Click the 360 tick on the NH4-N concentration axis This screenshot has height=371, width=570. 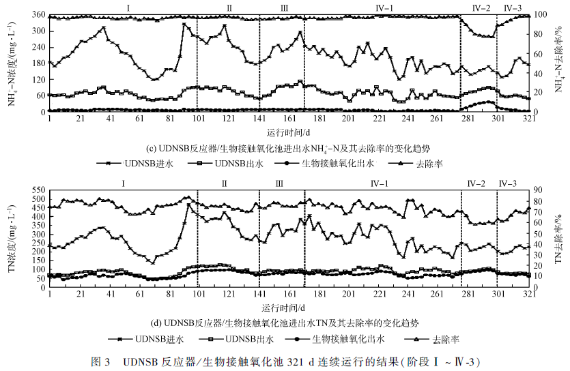[38, 15]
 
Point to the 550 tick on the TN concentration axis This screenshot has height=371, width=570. [38, 190]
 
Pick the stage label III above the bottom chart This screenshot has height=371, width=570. [279, 183]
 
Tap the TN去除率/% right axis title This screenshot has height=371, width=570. [558, 239]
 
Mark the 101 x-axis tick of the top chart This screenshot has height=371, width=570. [199, 119]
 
